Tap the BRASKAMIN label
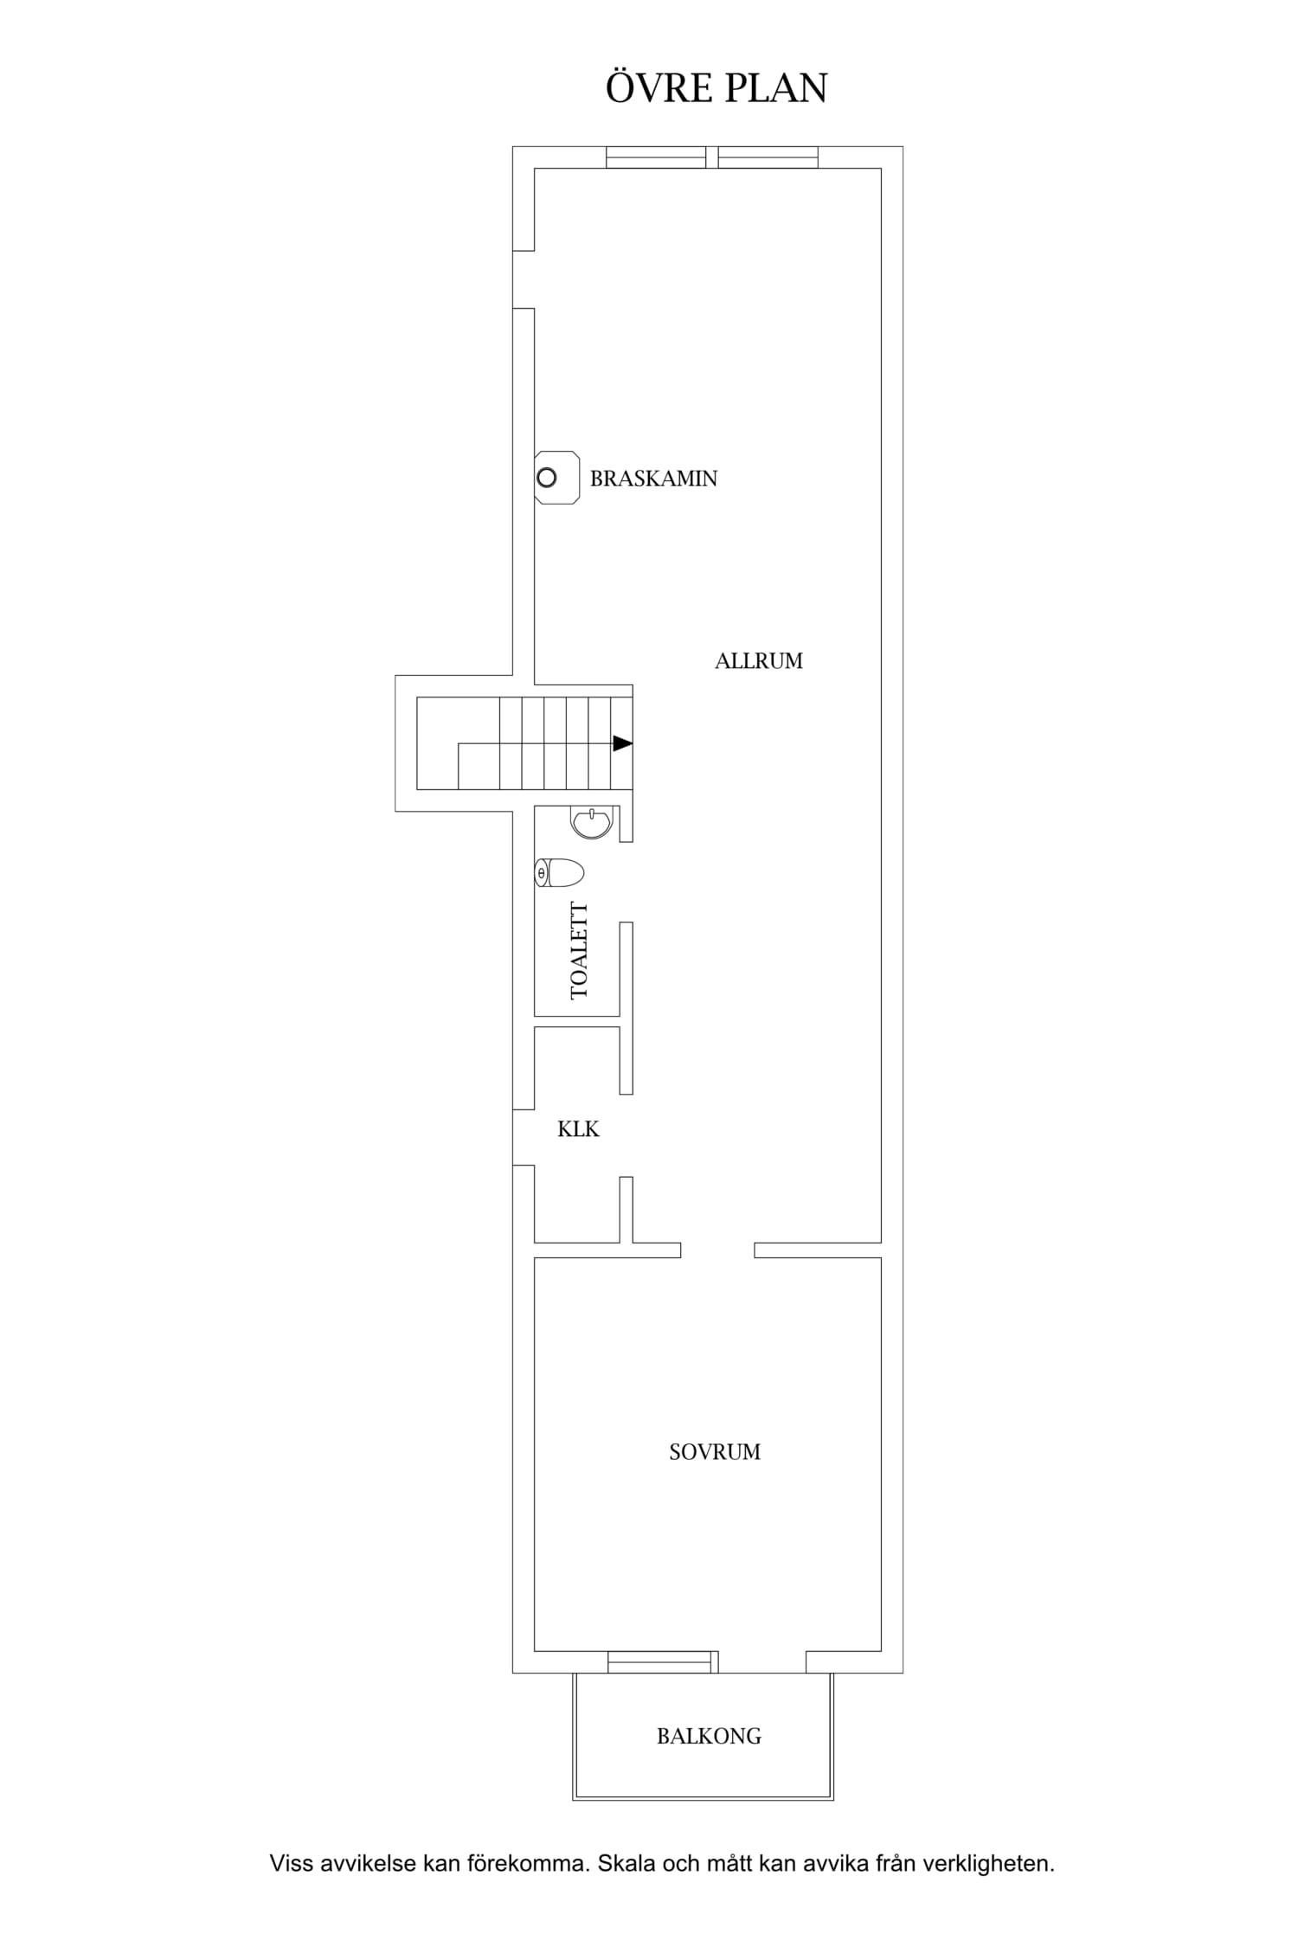point(653,479)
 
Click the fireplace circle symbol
point(547,478)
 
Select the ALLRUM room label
point(759,661)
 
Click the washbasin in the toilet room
point(592,822)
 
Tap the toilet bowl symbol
point(559,872)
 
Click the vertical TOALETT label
point(579,951)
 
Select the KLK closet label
point(578,1129)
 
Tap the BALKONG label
point(709,1736)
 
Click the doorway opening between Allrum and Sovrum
point(717,1250)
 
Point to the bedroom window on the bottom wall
point(663,1661)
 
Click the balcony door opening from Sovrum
point(762,1661)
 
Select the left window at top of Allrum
point(656,157)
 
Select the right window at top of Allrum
point(768,157)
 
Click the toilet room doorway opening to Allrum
point(627,882)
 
